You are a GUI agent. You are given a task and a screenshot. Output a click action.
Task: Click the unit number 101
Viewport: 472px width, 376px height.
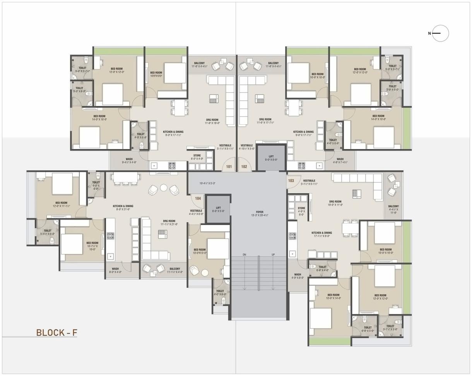pos(229,167)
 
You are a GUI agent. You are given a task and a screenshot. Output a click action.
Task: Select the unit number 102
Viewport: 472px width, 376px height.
pos(244,167)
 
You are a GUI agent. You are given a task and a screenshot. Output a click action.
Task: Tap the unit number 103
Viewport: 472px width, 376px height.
pos(291,181)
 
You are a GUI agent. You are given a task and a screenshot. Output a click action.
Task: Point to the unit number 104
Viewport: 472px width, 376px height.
pos(198,198)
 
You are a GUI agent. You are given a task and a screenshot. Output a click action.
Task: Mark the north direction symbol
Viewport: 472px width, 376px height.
pos(440,33)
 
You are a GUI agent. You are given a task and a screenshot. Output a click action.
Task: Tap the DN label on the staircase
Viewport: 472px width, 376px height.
pos(245,255)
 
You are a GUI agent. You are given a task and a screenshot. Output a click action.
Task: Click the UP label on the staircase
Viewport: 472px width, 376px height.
pos(273,255)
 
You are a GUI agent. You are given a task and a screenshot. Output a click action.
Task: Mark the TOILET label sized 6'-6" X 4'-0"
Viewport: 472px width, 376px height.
pos(322,268)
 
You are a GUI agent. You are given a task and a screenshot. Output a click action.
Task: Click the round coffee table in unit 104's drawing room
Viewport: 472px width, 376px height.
pos(164,188)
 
